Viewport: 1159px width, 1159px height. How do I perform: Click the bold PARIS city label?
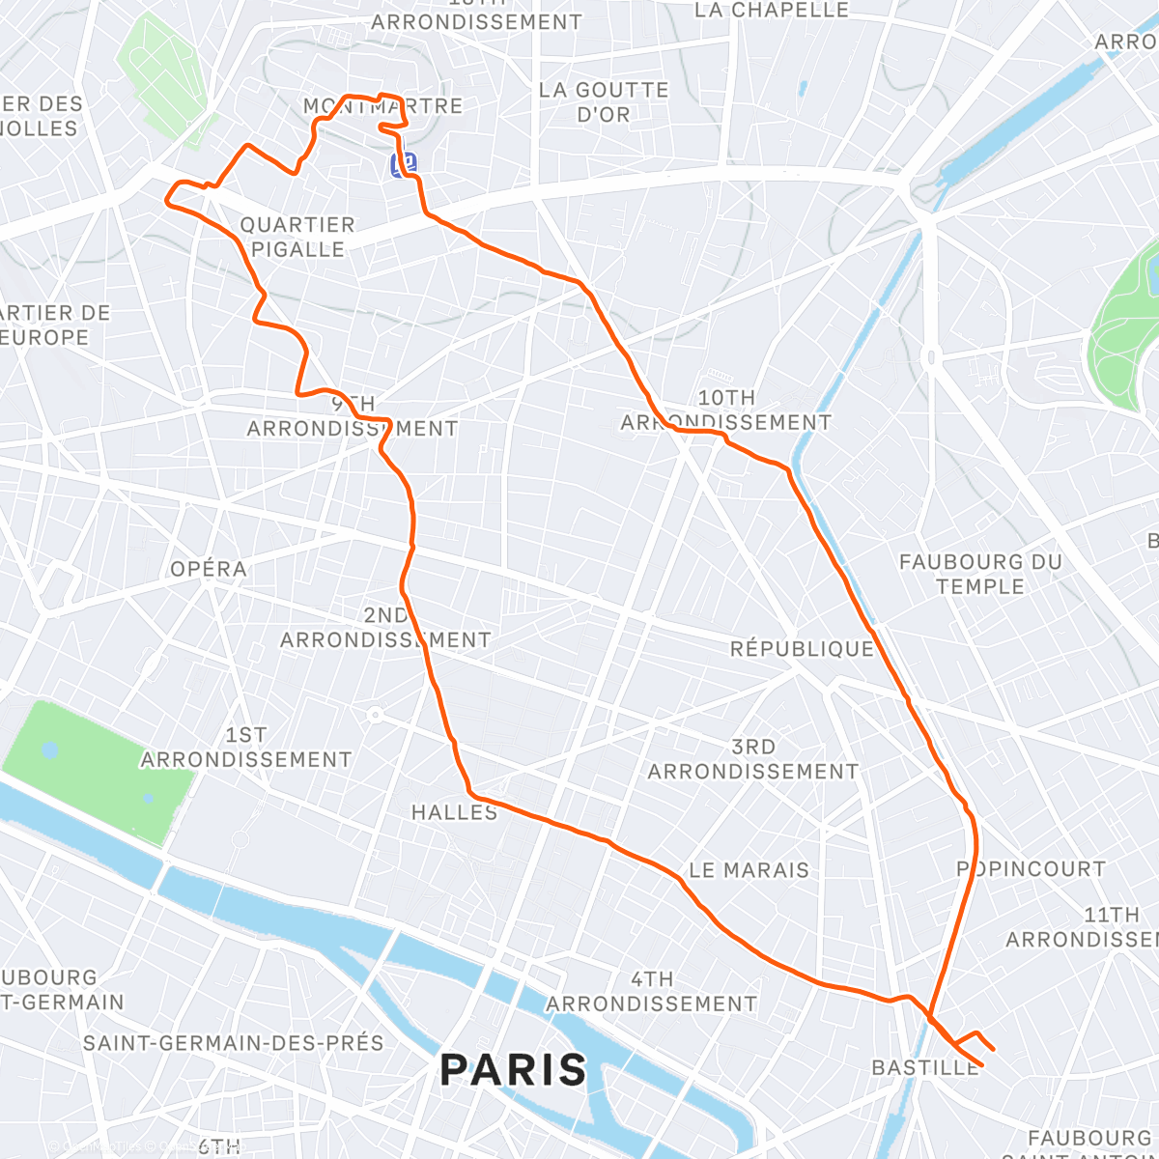coord(513,1070)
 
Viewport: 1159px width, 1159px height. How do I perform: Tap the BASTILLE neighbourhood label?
coord(924,1067)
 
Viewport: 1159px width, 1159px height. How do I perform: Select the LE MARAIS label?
coord(749,870)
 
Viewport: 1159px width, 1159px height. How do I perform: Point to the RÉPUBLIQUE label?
coord(802,649)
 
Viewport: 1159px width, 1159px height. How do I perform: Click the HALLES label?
coord(454,812)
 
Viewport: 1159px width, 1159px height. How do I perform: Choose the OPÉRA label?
coord(209,569)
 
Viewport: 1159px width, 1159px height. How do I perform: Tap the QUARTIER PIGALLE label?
coord(297,237)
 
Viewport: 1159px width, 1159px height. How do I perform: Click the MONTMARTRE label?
coord(383,106)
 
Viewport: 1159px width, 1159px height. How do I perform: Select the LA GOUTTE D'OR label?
coord(604,102)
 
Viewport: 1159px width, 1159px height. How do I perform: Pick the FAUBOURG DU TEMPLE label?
coord(979,574)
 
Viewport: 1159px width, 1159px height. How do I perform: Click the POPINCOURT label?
coord(1031,868)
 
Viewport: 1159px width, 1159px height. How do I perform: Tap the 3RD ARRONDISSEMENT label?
coord(752,759)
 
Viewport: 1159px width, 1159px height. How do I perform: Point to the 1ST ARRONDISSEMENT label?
coord(246,748)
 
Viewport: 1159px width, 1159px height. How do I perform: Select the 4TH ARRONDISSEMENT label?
coord(651,992)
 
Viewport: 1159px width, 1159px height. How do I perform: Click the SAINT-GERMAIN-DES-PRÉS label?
coord(233,1043)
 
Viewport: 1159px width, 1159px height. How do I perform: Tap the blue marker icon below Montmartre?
coord(404,164)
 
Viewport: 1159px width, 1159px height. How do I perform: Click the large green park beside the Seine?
coord(97,773)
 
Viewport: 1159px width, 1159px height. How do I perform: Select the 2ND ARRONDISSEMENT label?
coord(385,628)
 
